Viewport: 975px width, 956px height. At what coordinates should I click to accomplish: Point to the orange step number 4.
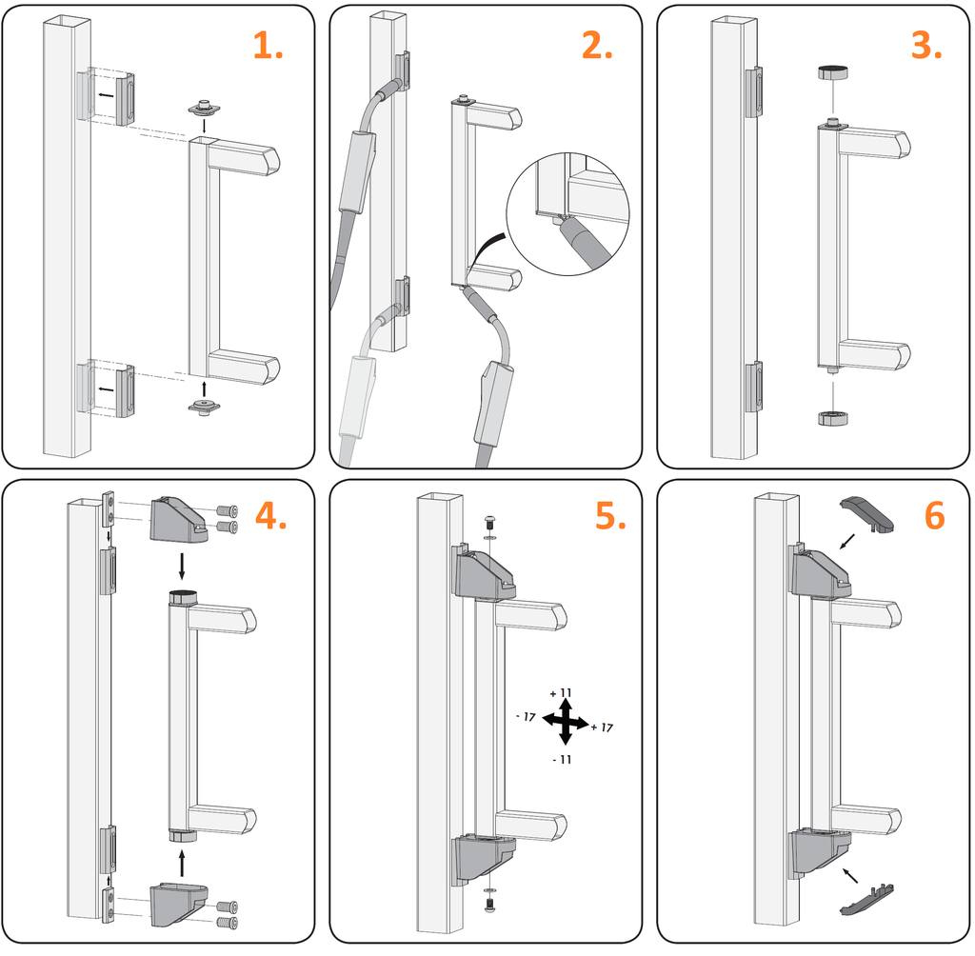pyautogui.click(x=270, y=515)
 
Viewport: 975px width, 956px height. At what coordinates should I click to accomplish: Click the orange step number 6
pyautogui.click(x=934, y=515)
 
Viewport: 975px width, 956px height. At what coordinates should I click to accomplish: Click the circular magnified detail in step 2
pyautogui.click(x=569, y=211)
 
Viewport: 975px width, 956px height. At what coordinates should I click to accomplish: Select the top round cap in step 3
pyautogui.click(x=833, y=72)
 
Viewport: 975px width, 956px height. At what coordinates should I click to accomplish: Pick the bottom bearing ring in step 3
pyautogui.click(x=833, y=417)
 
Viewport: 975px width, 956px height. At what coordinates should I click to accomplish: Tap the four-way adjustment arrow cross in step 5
pyautogui.click(x=565, y=721)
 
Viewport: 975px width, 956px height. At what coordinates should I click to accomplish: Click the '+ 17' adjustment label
pyautogui.click(x=601, y=728)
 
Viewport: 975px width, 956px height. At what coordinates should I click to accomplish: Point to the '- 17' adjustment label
pyautogui.click(x=525, y=715)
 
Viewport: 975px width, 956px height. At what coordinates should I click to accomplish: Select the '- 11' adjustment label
pyautogui.click(x=564, y=759)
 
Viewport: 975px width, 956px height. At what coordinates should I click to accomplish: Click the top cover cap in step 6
pyautogui.click(x=867, y=511)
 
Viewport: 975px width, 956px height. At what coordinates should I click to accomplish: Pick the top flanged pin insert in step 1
pyautogui.click(x=205, y=108)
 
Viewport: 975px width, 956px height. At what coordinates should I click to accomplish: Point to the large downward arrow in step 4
pyautogui.click(x=182, y=567)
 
